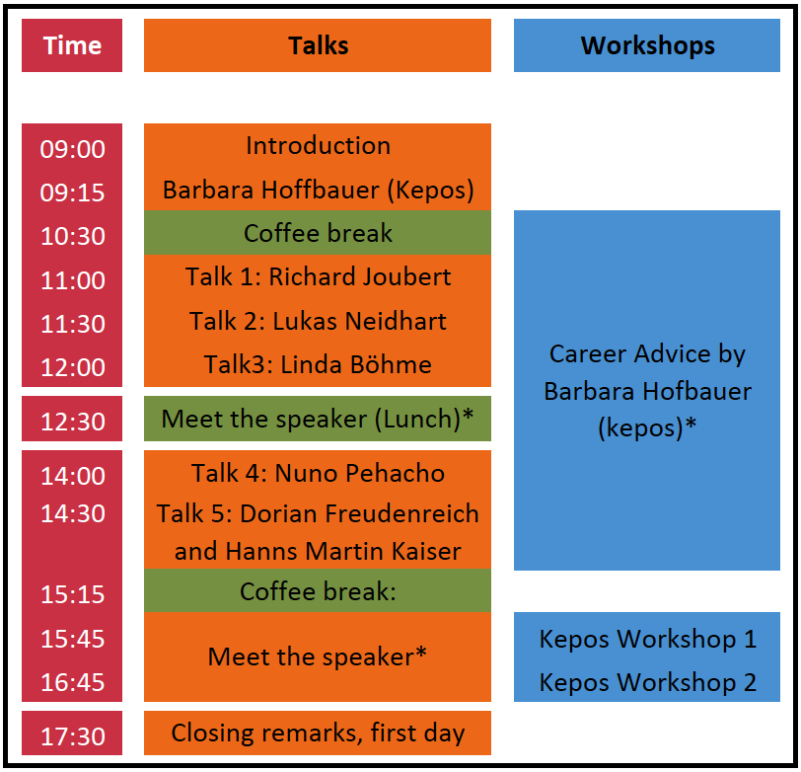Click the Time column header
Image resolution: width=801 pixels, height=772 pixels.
tap(72, 45)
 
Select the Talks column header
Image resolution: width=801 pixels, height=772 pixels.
tap(319, 45)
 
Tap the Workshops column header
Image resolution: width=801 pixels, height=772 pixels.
tap(647, 46)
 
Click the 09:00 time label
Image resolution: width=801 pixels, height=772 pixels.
tap(73, 149)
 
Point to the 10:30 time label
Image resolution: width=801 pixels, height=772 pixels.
tap(73, 236)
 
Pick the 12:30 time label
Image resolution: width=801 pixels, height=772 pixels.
tap(73, 422)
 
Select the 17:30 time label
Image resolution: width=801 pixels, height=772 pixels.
tap(73, 736)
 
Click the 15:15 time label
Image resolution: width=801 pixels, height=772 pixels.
tap(73, 594)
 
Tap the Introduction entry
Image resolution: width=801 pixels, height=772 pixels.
tap(319, 146)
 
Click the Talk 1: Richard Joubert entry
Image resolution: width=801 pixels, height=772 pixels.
tap(319, 276)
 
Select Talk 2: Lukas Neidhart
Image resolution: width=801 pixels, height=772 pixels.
tap(319, 321)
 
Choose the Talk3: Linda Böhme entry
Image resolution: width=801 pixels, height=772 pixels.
tap(319, 364)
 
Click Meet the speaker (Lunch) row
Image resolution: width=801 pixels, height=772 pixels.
tap(318, 419)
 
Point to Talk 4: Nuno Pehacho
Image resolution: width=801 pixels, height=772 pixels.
tap(319, 473)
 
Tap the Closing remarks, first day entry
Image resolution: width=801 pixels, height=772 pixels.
tap(319, 733)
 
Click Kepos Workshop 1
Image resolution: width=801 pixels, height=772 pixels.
tap(648, 639)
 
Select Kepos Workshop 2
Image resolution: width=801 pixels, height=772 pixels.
tap(648, 682)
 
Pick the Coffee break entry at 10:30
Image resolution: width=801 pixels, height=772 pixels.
tap(319, 233)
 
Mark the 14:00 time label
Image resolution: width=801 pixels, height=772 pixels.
tap(73, 476)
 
